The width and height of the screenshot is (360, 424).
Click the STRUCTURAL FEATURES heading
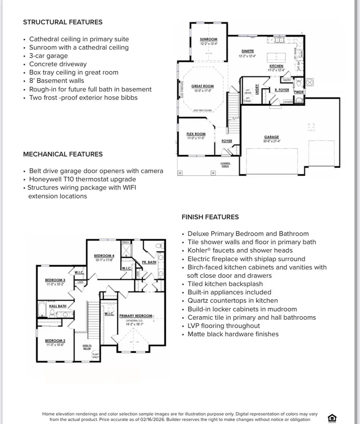pyautogui.click(x=63, y=22)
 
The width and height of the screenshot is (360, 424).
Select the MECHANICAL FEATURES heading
pyautogui.click(x=63, y=154)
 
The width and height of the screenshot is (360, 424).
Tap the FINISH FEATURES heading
pyautogui.click(x=210, y=217)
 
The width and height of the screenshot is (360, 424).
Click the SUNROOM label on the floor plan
pyautogui.click(x=208, y=39)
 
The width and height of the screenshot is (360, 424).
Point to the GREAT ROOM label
pyautogui.click(x=202, y=86)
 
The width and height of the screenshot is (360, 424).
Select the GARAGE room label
pyautogui.click(x=272, y=137)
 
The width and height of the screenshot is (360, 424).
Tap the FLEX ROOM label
pyautogui.click(x=196, y=134)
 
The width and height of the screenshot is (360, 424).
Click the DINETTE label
pyautogui.click(x=248, y=51)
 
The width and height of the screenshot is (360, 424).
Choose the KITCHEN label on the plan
pyautogui.click(x=276, y=66)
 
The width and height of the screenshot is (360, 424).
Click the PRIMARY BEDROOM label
pyautogui.click(x=136, y=316)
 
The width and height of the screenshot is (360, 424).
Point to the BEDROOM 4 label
pyautogui.click(x=104, y=256)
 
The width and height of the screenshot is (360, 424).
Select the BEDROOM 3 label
pyautogui.click(x=55, y=280)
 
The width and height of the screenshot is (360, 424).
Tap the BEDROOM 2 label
pyautogui.click(x=55, y=341)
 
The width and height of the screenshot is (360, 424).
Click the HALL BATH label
pyautogui.click(x=58, y=306)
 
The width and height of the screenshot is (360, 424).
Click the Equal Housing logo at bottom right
pyautogui.click(x=332, y=418)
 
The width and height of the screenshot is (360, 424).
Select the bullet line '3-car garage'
pyautogui.click(x=48, y=56)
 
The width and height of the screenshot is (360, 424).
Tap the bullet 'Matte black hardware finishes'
pyautogui.click(x=233, y=334)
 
